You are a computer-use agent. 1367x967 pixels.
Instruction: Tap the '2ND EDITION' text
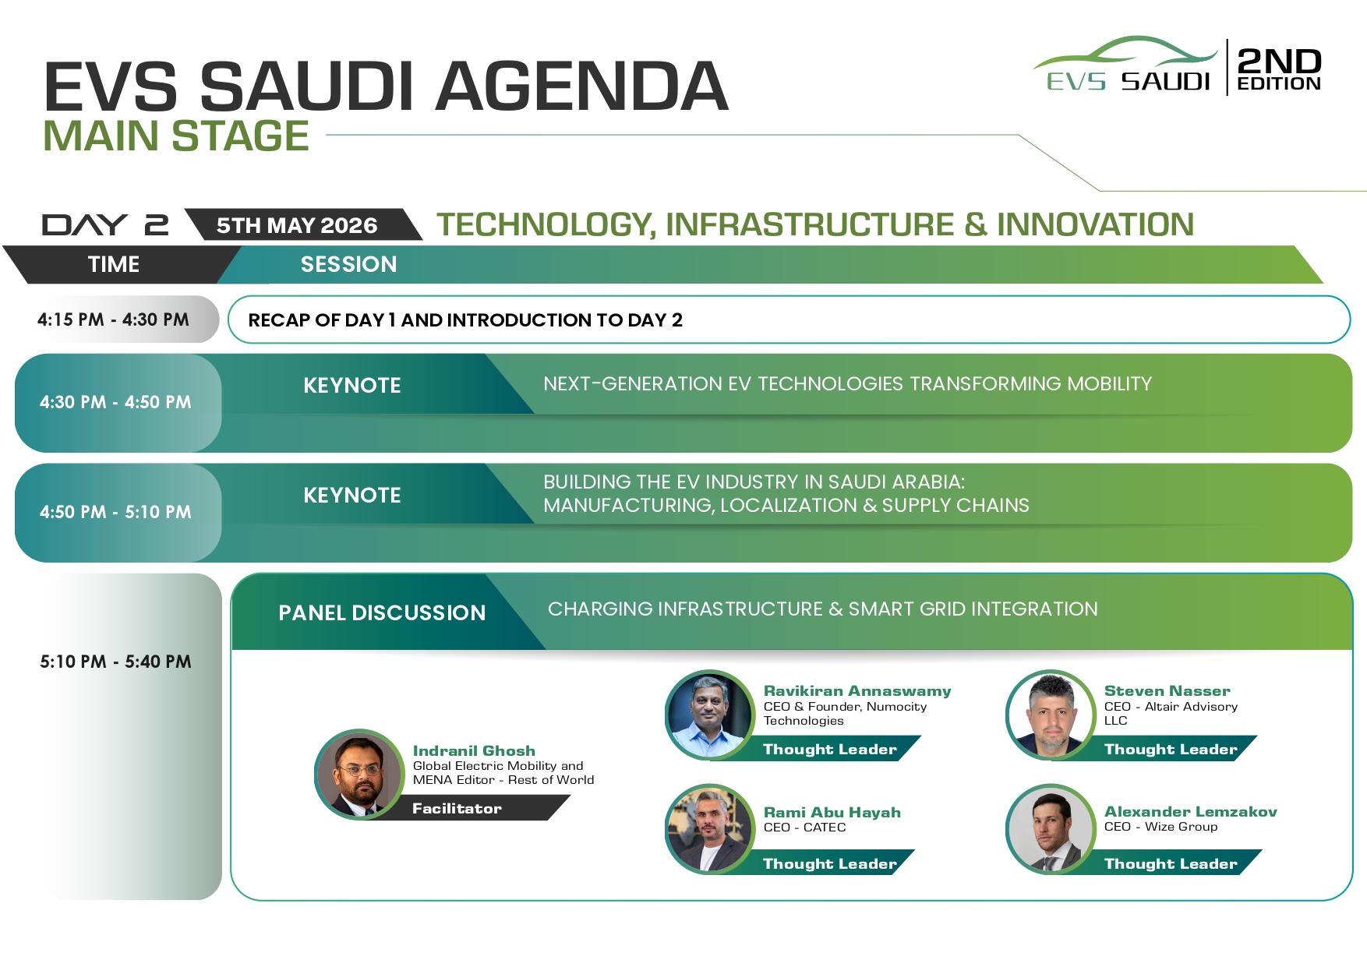[x=1279, y=69]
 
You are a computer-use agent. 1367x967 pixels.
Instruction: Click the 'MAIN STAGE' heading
[x=176, y=136]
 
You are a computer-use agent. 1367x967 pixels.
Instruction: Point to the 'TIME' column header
[x=114, y=264]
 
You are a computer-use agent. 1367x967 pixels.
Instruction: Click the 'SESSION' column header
[x=348, y=264]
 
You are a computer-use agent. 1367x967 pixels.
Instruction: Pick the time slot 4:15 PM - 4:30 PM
[x=113, y=319]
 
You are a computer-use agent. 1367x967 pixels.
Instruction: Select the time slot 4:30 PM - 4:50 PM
[x=115, y=402]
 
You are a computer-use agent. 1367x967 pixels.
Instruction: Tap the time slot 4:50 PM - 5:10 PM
[x=115, y=512]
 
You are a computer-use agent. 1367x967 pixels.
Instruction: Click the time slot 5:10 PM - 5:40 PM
[x=115, y=662]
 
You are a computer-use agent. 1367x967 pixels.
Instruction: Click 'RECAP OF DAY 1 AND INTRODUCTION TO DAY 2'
[x=465, y=320]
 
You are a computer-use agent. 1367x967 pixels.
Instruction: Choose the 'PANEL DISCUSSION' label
[x=382, y=612]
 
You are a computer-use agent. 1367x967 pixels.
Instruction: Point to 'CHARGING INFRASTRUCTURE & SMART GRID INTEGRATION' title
[x=822, y=609]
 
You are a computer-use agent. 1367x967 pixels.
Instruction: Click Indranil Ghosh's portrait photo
[x=359, y=774]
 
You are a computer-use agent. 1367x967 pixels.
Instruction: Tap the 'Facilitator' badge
[x=457, y=808]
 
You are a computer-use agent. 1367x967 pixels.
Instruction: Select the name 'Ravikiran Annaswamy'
[x=857, y=691]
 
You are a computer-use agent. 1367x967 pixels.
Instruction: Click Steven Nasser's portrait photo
[x=1051, y=715]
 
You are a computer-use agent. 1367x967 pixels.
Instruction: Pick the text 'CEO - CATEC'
[x=804, y=828]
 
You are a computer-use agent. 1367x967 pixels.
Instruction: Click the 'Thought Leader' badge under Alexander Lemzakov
[x=1171, y=863]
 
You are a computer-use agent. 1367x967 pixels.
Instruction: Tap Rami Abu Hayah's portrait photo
[x=710, y=829]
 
